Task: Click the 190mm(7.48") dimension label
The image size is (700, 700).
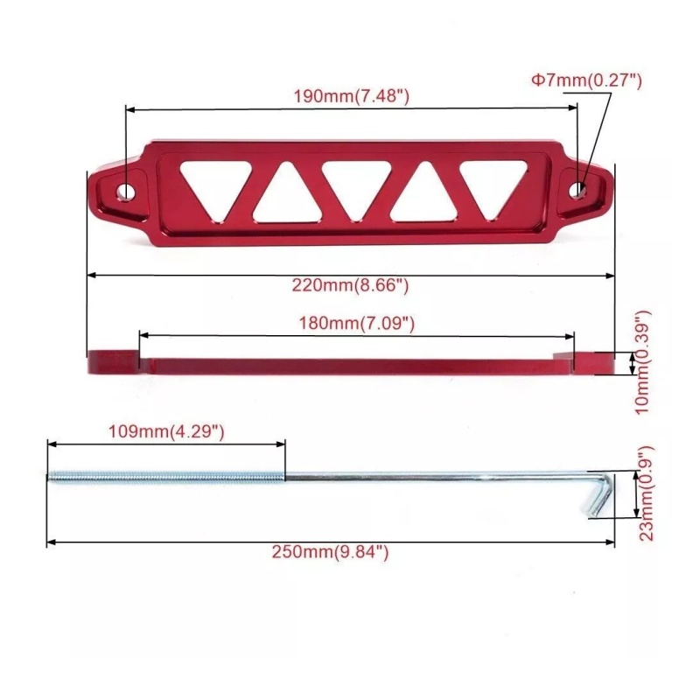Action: click(352, 96)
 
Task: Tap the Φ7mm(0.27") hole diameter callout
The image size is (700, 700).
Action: click(586, 80)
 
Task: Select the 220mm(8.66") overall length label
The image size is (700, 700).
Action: click(351, 285)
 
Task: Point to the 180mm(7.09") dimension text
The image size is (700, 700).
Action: click(357, 323)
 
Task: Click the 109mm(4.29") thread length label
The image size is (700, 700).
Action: click(166, 431)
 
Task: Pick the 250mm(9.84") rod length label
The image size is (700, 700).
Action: click(331, 552)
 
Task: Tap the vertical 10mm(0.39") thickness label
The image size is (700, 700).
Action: click(643, 362)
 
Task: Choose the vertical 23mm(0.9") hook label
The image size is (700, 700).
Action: click(646, 493)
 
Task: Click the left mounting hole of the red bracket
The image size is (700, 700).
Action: click(125, 192)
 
